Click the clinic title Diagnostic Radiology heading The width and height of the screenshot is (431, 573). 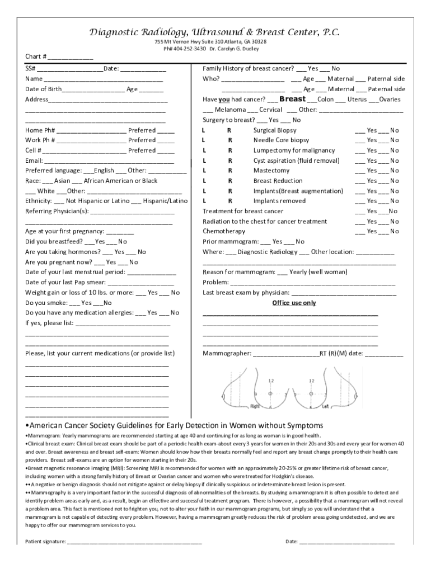click(x=215, y=32)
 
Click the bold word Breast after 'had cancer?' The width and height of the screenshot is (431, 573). click(x=292, y=99)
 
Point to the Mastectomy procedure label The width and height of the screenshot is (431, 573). click(x=271, y=171)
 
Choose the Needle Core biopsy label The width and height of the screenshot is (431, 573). click(x=281, y=140)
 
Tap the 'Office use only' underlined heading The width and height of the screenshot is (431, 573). click(x=294, y=303)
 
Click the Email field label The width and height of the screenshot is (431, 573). click(x=34, y=161)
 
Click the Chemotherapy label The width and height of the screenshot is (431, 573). click(x=224, y=231)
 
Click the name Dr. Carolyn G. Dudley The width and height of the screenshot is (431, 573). click(x=236, y=49)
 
